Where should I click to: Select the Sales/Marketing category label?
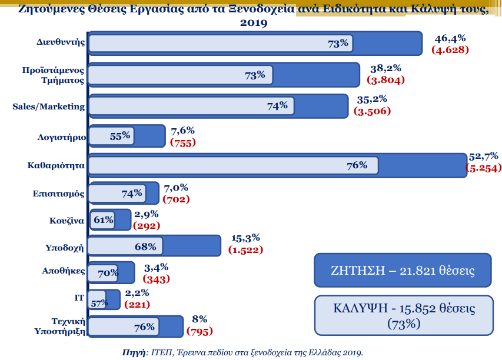(49, 106)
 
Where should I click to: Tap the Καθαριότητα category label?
(57, 166)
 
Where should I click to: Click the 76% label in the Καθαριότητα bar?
(357, 165)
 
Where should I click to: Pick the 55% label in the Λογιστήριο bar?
(120, 136)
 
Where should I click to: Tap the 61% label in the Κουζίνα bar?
(103, 221)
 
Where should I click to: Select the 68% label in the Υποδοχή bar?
(145, 246)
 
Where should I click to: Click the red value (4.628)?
(450, 49)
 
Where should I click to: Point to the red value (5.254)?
(482, 167)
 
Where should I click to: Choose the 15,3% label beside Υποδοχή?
(245, 238)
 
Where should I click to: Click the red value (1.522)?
(245, 250)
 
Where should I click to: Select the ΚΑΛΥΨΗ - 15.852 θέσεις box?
(403, 315)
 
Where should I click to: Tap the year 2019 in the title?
(253, 23)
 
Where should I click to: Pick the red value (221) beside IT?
(137, 304)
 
